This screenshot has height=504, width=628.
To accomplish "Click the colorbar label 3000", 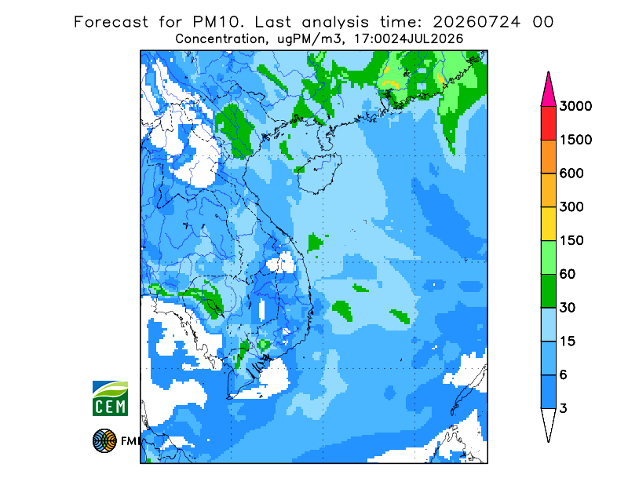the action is pos(575,106).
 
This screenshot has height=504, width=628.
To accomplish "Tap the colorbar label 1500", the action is pos(575,140).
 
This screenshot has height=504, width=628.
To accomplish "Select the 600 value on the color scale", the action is pos(571,173).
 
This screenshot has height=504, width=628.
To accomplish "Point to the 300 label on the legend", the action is pos(571,207).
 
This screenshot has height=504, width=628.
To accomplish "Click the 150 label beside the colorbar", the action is pos(571,241).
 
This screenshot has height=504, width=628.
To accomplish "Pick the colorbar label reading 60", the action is pos(568,275).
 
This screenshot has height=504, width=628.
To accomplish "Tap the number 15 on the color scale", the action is pos(568,341).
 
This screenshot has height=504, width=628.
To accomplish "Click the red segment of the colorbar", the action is pos(548,123).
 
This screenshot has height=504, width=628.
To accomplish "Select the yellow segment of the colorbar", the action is pos(548,224).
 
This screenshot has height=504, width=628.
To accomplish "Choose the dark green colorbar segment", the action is pos(548,291).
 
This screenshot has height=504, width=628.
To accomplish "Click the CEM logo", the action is pos(110,398).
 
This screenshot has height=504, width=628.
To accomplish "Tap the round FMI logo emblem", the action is pos(104,440).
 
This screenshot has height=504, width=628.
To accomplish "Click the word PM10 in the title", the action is pos(218,22).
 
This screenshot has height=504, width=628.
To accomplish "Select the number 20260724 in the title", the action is pos(477,22).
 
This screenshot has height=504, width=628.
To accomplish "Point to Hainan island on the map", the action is pos(319,173).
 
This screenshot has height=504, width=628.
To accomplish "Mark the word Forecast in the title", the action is pos(111,22).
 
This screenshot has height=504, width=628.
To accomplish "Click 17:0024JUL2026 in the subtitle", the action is pos(408,39).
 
